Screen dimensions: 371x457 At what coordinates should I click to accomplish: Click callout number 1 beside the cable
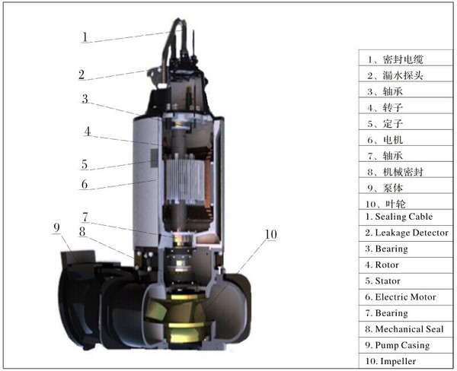tap(86, 36)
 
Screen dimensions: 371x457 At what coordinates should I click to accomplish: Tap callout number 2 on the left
tap(81, 75)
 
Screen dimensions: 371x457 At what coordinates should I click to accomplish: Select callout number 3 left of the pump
tap(86, 99)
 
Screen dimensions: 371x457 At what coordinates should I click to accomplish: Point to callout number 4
tap(88, 132)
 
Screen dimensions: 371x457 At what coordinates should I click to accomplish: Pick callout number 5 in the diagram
tap(84, 163)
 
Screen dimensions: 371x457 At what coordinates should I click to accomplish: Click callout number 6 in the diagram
tap(85, 183)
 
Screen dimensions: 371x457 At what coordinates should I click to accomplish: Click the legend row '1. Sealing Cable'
tap(400, 217)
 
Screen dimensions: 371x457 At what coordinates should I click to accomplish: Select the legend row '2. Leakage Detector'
tap(406, 233)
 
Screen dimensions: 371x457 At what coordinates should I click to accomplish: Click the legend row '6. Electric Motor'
tap(401, 296)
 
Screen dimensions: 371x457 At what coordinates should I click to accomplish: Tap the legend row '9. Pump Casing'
tap(397, 345)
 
